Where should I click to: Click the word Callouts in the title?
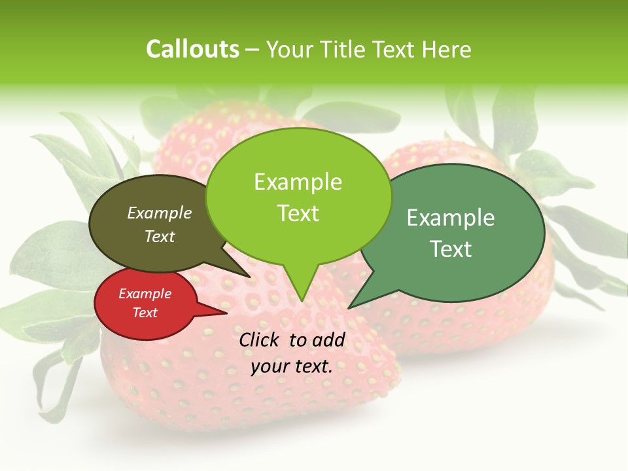tap(192, 49)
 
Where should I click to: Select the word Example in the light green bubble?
tap(298, 182)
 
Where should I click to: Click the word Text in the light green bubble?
tap(298, 213)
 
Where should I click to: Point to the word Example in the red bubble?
tap(145, 294)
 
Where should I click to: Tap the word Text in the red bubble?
tap(145, 313)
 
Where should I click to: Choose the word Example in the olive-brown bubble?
tap(159, 213)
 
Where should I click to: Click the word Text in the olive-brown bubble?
tap(159, 236)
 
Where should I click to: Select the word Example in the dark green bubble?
tap(450, 218)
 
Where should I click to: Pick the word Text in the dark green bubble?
tap(450, 249)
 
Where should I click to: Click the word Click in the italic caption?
tap(260, 340)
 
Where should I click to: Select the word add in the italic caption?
tap(328, 340)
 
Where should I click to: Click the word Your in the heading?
tap(290, 49)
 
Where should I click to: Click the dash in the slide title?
tap(253, 50)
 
